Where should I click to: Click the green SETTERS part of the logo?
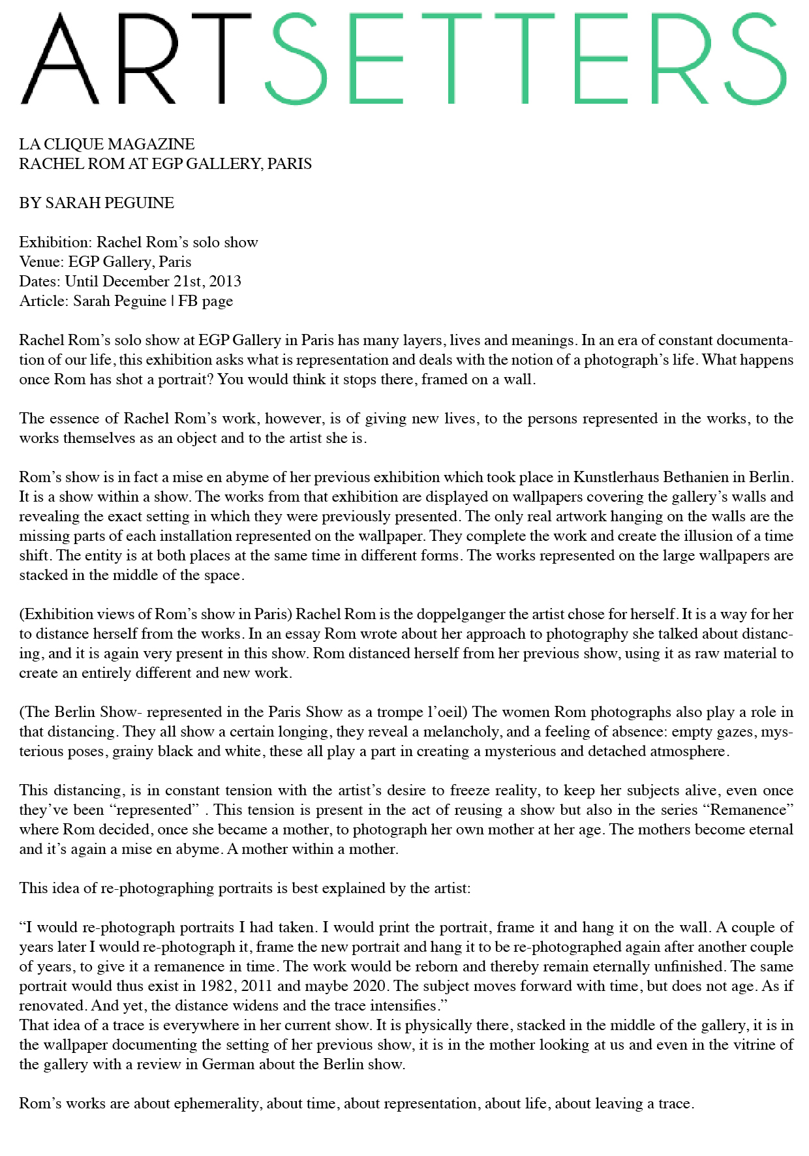525,59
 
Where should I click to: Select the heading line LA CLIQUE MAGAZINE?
107,144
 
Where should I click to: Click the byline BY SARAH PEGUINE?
97,203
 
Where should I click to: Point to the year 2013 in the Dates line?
225,281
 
